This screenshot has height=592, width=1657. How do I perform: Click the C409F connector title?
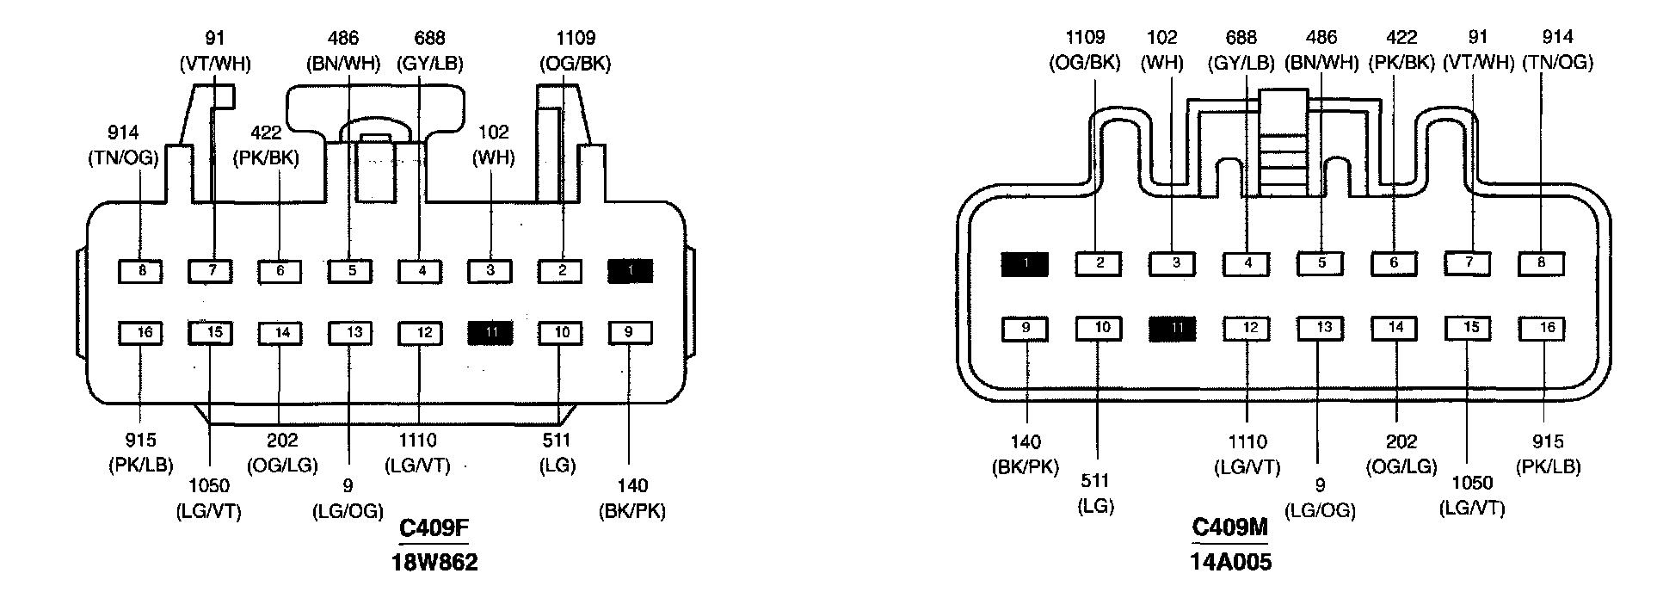pos(434,527)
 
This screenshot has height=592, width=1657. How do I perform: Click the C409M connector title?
pos(1230,527)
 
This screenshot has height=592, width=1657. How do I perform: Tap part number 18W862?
pos(434,563)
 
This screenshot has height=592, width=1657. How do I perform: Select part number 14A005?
pos(1230,563)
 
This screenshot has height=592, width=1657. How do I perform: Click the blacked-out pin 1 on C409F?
pos(631,272)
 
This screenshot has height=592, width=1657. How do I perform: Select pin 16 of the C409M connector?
pos(1541,328)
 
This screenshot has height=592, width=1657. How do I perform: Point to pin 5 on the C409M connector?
pos(1321,262)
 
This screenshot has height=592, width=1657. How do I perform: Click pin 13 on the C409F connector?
pos(349,332)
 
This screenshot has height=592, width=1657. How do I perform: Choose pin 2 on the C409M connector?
pos(1099,263)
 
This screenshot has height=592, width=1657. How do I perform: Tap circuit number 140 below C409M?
pos(1026,442)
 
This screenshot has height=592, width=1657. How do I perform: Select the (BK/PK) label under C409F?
pos(632,511)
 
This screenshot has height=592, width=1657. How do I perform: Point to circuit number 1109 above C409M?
pos(1085,37)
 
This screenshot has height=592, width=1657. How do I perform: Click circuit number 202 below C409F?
pos(282,441)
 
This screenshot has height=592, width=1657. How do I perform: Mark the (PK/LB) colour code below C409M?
pos(1548,466)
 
